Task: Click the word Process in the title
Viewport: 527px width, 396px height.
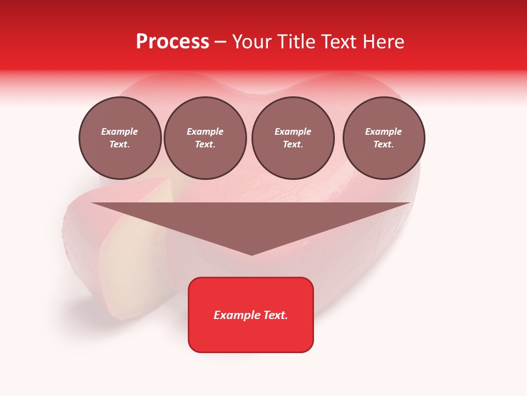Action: click(x=172, y=42)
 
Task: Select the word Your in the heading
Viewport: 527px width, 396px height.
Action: click(x=251, y=42)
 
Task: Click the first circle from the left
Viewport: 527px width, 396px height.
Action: click(x=120, y=138)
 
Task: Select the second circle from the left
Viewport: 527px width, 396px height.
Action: click(x=205, y=138)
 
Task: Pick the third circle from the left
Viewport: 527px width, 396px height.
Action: click(x=293, y=138)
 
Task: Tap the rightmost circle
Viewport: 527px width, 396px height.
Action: click(x=384, y=138)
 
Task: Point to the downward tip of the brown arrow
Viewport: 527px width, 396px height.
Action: click(x=251, y=254)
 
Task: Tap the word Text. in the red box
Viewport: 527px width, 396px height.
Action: click(x=274, y=315)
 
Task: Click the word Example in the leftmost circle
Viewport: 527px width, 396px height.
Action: click(x=120, y=131)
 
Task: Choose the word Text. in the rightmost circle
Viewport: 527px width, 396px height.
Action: click(x=384, y=145)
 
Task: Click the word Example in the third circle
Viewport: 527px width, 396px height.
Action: click(x=293, y=131)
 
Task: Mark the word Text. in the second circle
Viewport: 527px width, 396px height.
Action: click(x=205, y=145)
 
